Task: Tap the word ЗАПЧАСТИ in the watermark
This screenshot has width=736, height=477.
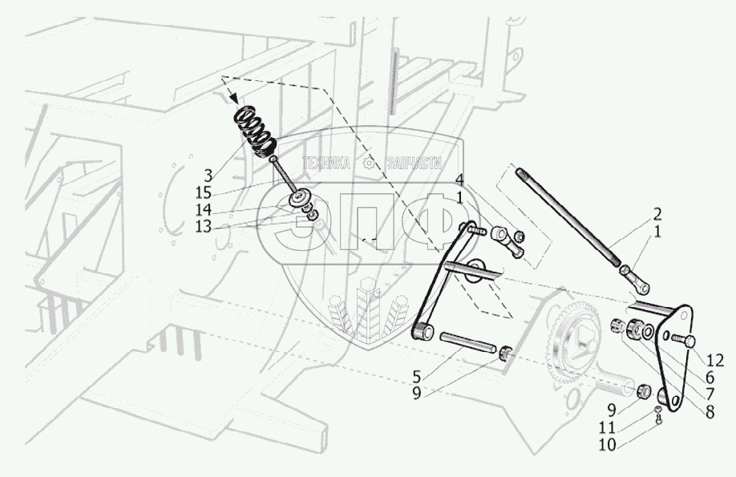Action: tap(414, 163)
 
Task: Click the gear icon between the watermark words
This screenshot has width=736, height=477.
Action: tap(370, 163)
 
